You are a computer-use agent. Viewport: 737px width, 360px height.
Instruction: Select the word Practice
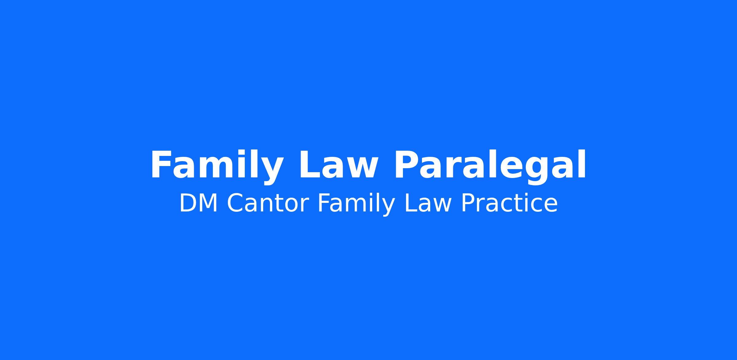pos(509,203)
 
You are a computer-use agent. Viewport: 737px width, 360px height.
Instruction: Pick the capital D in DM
pos(188,203)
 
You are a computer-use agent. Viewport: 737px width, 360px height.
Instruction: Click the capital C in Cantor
pos(235,203)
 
